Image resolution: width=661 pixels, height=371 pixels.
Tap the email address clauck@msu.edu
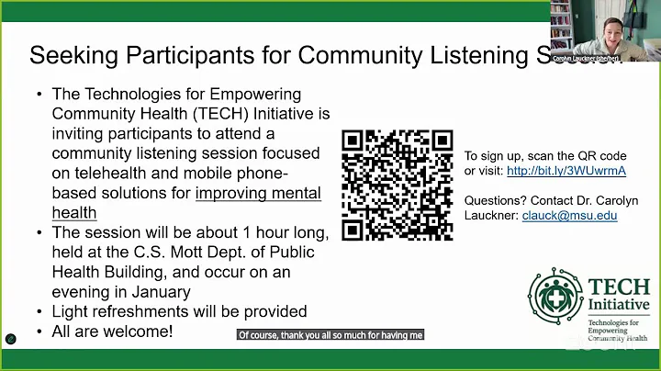569,216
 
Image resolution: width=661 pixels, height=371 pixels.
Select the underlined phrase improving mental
258,193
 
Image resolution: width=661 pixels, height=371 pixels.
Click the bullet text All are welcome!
112,332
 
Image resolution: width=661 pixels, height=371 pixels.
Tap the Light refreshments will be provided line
179,311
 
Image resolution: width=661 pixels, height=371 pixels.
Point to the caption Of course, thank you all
330,335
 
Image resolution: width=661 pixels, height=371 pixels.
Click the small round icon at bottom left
11,338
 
